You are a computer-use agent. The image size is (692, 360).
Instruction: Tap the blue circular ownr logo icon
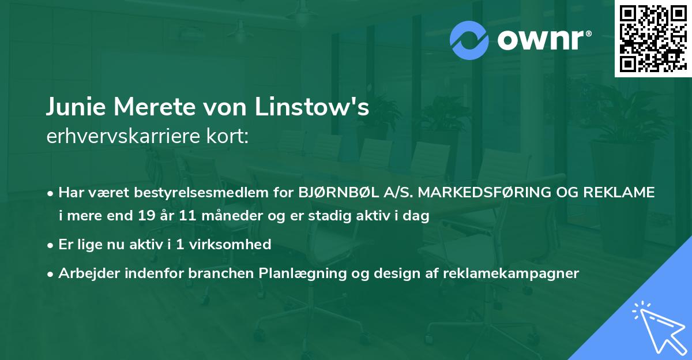(x=469, y=40)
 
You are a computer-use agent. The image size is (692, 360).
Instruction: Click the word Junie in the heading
(x=74, y=107)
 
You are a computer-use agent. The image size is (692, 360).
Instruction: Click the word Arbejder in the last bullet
(x=87, y=273)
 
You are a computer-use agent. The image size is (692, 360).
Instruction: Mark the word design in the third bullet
(x=396, y=273)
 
